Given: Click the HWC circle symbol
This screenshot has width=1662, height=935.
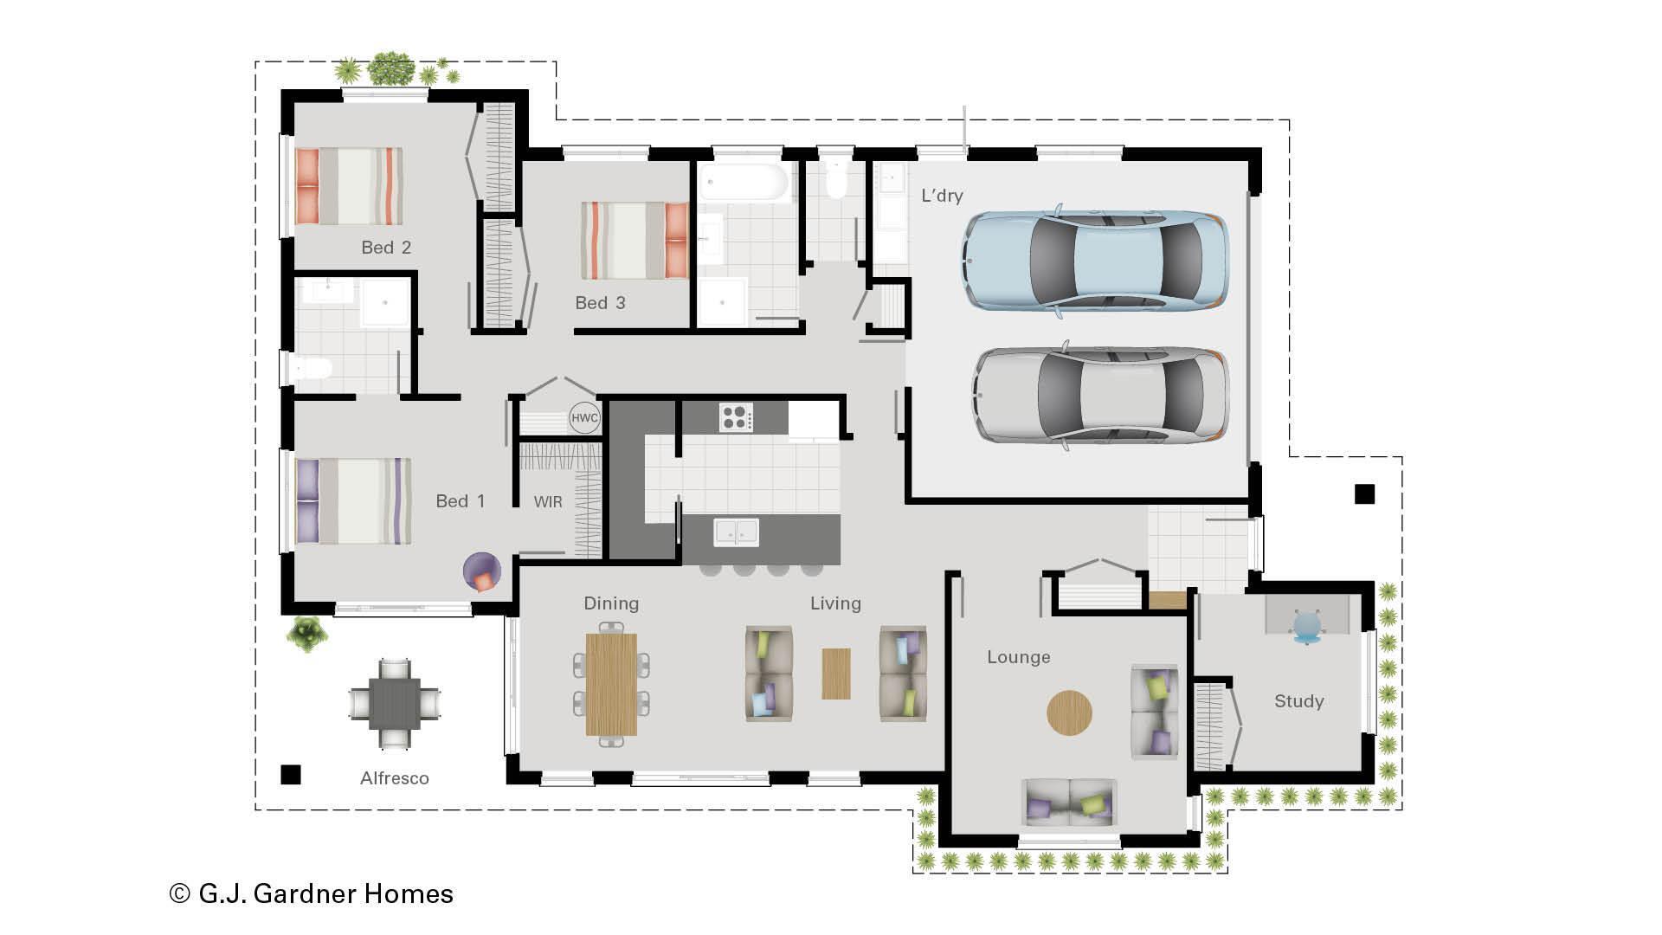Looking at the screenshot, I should (x=584, y=418).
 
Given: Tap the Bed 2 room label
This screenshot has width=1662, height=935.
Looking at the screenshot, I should (x=386, y=248).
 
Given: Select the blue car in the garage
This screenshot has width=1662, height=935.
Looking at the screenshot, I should (x=1095, y=259).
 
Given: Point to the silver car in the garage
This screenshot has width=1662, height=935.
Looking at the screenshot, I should (x=1100, y=396).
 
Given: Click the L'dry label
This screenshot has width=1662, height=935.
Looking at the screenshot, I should (x=942, y=196).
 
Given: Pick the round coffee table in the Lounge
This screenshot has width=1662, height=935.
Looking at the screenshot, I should (x=1069, y=713).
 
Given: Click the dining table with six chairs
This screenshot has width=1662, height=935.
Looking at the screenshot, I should (x=611, y=684).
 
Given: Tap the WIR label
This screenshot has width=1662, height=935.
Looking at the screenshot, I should (x=548, y=501).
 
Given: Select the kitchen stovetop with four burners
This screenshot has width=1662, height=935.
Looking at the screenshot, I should (x=736, y=417).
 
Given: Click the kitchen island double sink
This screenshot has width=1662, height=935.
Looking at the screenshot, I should (x=736, y=532).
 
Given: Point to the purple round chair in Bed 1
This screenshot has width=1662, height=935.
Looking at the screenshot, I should (x=482, y=571).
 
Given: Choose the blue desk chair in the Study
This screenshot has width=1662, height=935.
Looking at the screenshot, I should (x=1307, y=625).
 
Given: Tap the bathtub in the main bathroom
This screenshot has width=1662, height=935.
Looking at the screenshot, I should (x=744, y=184).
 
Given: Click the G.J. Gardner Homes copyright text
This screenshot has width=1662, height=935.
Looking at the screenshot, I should (x=312, y=893).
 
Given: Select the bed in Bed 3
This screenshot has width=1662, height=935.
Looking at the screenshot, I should (x=635, y=241).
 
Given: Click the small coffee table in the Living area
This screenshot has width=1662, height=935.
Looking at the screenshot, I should (x=835, y=674).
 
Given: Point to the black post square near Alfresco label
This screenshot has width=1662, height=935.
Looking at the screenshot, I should (x=291, y=774).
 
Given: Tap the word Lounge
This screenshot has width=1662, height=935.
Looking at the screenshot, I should (x=1019, y=657).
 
